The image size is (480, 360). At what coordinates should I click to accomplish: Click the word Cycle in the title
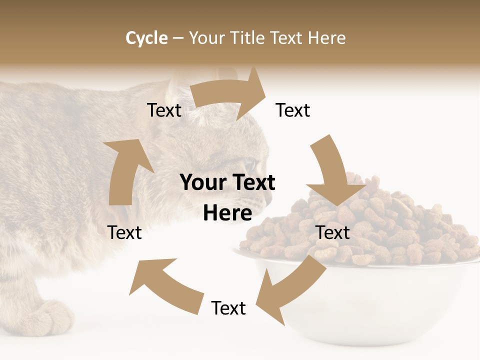point(146,38)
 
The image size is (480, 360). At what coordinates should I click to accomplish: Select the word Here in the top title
point(327,38)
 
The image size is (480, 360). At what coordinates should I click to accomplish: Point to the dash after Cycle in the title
point(178,38)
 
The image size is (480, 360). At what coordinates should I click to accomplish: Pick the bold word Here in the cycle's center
point(227,213)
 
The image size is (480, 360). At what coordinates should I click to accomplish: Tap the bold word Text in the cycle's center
point(253,183)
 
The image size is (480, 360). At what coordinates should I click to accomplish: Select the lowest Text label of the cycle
point(228,308)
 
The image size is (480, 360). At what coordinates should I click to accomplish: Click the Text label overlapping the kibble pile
point(333,233)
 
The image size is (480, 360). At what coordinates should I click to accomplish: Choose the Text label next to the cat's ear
point(164,110)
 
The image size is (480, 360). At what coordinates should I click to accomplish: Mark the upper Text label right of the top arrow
point(293,110)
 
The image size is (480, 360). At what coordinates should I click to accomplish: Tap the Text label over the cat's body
point(124,233)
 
